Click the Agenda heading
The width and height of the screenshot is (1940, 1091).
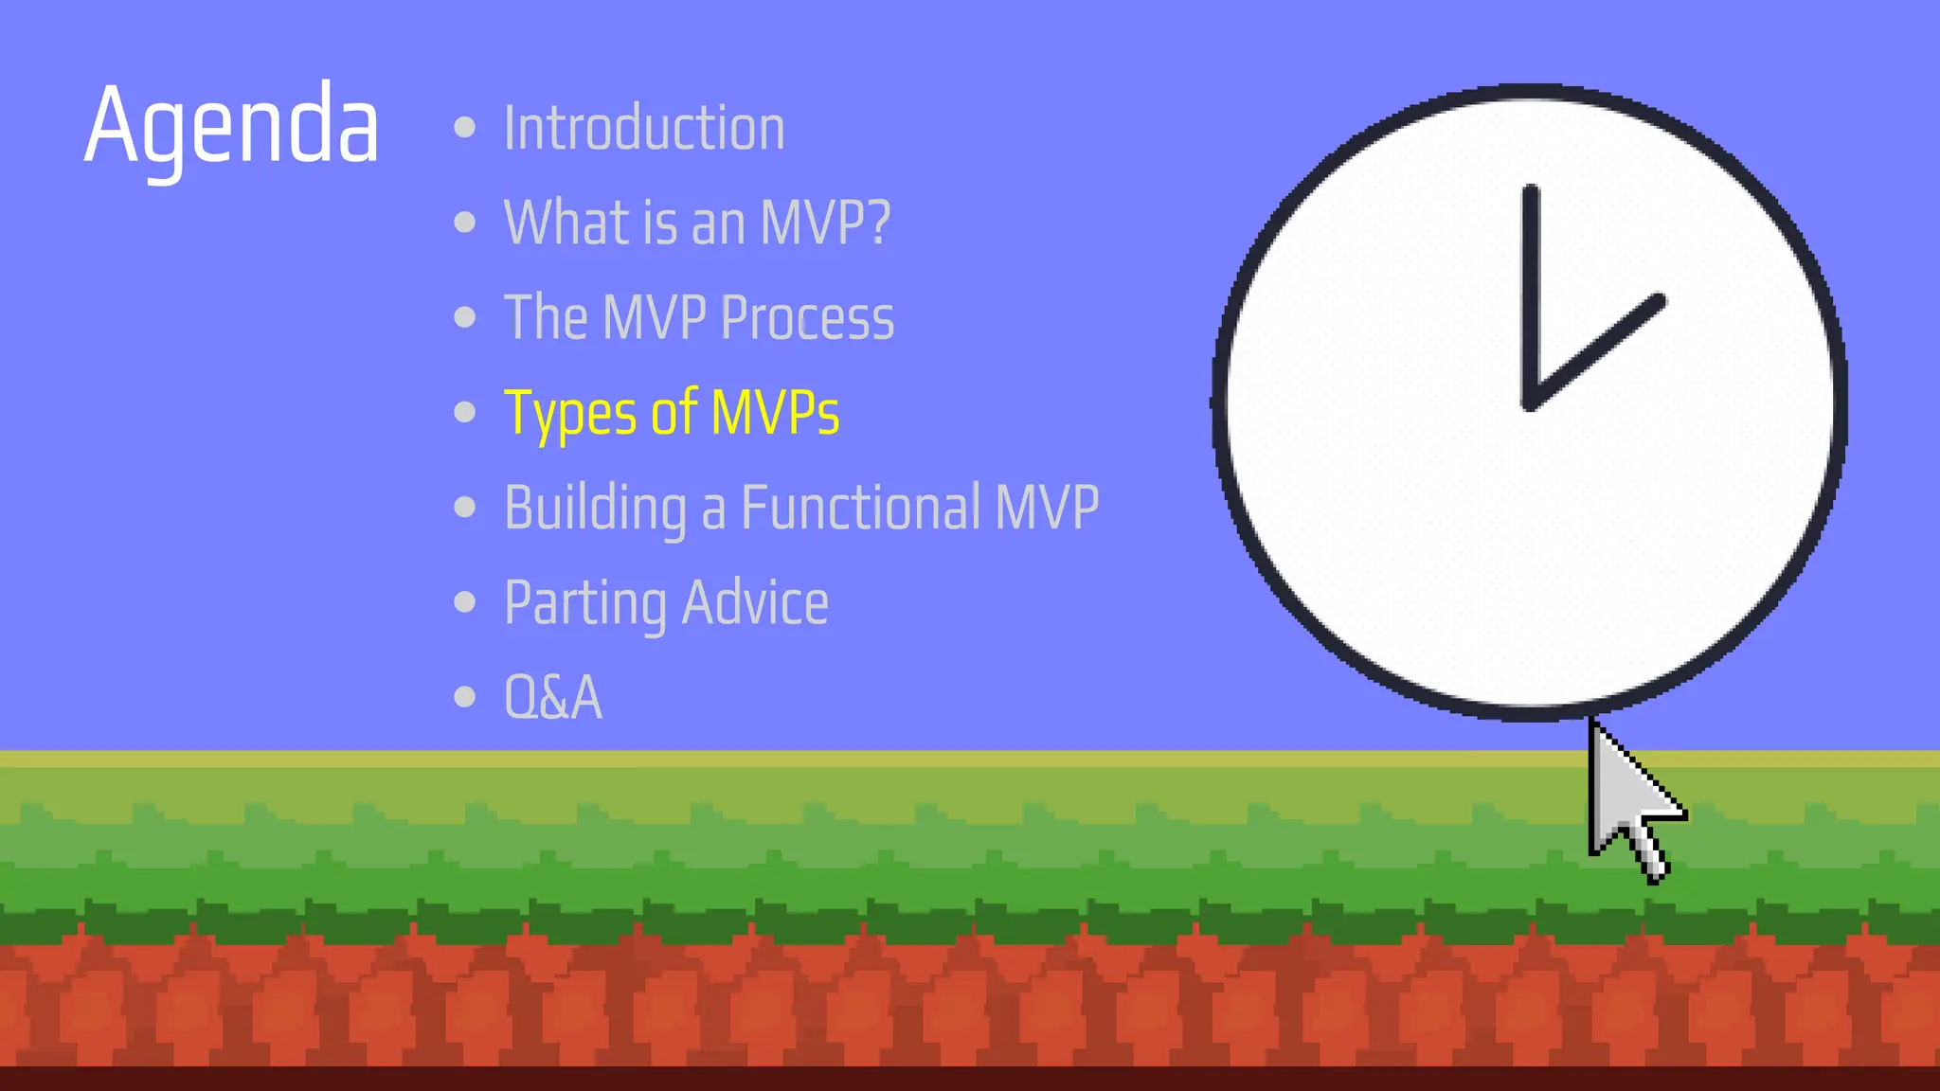point(231,125)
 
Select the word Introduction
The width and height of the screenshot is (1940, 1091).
point(644,128)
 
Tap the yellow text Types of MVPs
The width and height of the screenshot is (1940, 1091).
point(672,413)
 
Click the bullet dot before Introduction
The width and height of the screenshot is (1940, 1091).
point(464,127)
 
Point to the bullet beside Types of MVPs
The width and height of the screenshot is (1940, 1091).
point(464,412)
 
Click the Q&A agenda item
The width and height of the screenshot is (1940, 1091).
point(553,697)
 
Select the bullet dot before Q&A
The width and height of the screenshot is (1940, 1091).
point(464,697)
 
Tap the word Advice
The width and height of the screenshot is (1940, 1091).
point(755,602)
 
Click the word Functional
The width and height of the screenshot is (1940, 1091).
point(860,507)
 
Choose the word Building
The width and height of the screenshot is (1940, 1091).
point(595,508)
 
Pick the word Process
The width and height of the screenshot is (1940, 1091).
point(807,317)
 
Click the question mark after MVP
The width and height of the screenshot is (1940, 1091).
point(878,223)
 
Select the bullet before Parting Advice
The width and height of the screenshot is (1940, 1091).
point(464,601)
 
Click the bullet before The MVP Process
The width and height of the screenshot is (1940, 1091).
point(464,317)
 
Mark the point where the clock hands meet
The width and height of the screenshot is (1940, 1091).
point(1531,402)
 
